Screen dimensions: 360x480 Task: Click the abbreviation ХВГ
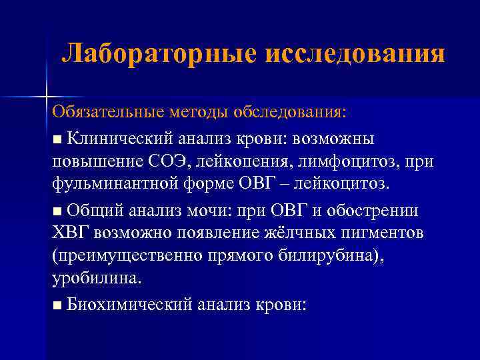(71, 233)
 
